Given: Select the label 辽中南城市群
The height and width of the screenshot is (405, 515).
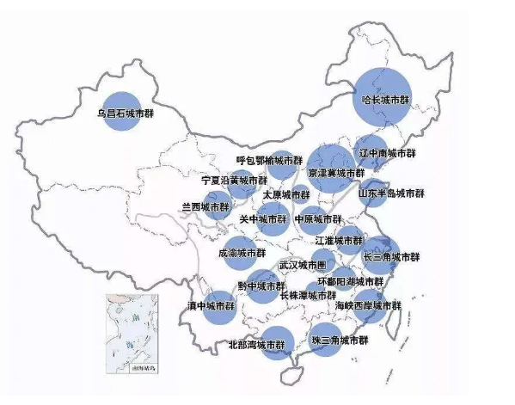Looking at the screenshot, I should pyautogui.click(x=387, y=153).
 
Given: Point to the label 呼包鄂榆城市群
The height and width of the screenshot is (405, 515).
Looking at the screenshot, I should pyautogui.click(x=269, y=160).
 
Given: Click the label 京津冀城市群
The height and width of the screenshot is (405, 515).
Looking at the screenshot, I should pyautogui.click(x=335, y=173).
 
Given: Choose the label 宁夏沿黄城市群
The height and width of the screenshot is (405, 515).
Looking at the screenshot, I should pyautogui.click(x=234, y=181).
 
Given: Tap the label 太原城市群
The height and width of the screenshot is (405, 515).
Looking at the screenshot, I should pyautogui.click(x=286, y=195).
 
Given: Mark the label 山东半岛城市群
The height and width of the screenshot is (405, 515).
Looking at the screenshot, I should pyautogui.click(x=391, y=194).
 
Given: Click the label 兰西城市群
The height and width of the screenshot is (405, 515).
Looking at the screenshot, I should pyautogui.click(x=205, y=207).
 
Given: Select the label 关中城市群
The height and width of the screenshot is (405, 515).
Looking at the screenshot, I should pyautogui.click(x=263, y=219).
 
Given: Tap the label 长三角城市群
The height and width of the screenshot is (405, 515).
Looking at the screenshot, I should pyautogui.click(x=391, y=256).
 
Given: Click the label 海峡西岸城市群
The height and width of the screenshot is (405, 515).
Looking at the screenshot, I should pyautogui.click(x=368, y=305).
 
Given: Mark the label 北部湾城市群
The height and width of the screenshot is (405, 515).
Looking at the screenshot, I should pyautogui.click(x=257, y=345).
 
